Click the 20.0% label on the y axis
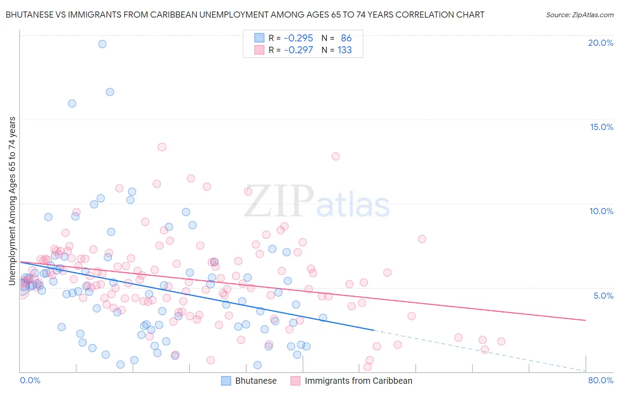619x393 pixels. (601, 43)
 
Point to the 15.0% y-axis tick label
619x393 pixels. (601, 127)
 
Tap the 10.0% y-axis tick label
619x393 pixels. (601, 211)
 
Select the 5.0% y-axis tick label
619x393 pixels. (603, 296)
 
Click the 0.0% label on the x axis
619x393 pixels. (30, 380)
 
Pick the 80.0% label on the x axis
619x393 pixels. (601, 380)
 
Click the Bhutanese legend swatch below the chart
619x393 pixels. (226, 381)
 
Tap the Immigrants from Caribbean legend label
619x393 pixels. (358, 381)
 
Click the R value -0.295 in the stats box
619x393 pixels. (298, 38)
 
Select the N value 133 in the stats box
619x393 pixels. (345, 50)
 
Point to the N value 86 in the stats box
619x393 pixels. (346, 38)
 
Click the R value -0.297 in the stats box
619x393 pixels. (298, 50)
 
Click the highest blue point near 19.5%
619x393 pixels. (102, 44)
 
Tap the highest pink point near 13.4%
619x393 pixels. (162, 147)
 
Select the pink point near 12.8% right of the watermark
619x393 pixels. (335, 156)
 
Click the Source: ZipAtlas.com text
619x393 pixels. (579, 15)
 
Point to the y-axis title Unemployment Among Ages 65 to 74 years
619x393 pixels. (12, 200)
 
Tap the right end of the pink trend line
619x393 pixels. (586, 320)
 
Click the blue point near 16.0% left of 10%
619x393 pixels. (72, 104)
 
